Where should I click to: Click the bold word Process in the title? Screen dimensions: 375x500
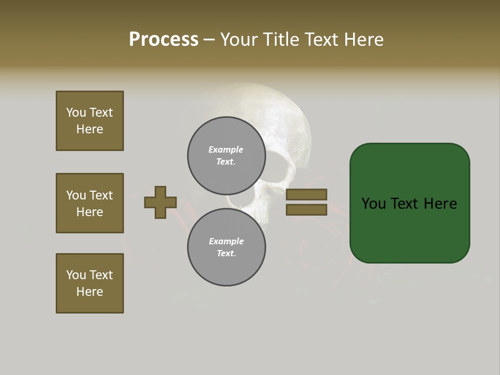[164, 40]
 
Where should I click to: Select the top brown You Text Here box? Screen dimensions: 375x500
[90, 121]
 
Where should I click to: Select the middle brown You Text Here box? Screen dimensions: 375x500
[90, 203]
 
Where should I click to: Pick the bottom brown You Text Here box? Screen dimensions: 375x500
[90, 283]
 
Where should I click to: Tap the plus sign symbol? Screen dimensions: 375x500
[160, 202]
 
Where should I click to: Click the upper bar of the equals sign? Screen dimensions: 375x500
[306, 194]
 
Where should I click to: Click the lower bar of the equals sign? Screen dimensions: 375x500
[306, 209]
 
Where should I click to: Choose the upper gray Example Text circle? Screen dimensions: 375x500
[226, 155]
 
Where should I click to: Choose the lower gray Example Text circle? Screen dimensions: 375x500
[226, 247]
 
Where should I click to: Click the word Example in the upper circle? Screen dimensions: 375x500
[226, 149]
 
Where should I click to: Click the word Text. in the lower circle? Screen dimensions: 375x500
[226, 253]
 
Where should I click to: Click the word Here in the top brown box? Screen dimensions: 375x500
[90, 129]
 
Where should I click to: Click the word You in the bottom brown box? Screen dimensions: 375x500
[76, 275]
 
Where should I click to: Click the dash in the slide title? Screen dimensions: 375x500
[209, 40]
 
